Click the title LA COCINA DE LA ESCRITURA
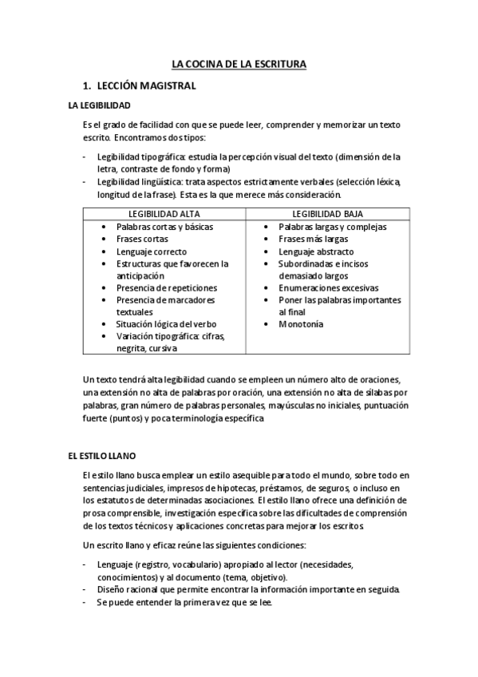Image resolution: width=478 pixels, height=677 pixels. tap(239, 64)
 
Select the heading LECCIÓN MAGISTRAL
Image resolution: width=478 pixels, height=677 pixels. tap(145, 85)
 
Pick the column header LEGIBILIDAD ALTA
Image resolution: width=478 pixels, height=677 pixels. tap(164, 215)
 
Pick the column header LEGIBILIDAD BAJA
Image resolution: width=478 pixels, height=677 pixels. tap(327, 215)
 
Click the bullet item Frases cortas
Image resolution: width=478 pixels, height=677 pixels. tap(142, 239)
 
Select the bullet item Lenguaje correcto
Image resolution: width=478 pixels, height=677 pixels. tap(152, 251)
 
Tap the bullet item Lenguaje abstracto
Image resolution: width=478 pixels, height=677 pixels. tap(316, 251)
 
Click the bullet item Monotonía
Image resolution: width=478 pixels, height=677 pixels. tap(301, 324)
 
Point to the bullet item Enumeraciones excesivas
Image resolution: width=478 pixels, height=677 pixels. tap(328, 287)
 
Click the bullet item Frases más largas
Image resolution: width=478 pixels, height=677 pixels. tap(313, 239)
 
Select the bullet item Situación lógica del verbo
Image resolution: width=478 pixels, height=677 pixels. tap(166, 324)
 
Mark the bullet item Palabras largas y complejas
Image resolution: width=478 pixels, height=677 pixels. tap(332, 227)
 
